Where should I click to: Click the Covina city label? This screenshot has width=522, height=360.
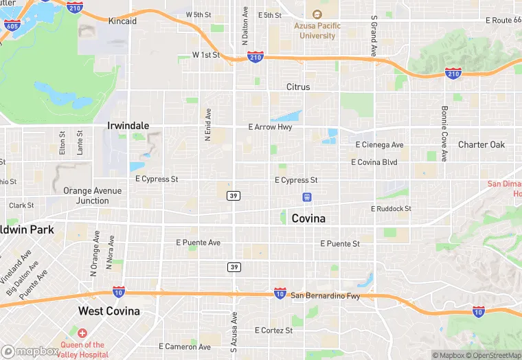click(x=308, y=218)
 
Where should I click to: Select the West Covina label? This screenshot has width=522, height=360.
click(x=109, y=311)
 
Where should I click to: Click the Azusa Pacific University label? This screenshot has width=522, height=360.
click(x=317, y=30)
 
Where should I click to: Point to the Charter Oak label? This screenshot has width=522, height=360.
click(x=481, y=144)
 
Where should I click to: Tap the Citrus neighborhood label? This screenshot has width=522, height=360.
click(x=298, y=87)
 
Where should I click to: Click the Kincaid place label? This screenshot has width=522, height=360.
click(x=122, y=21)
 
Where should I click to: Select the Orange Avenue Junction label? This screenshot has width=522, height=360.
click(x=92, y=196)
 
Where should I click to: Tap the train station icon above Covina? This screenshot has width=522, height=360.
click(x=307, y=197)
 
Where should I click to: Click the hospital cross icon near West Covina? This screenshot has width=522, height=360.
click(x=82, y=333)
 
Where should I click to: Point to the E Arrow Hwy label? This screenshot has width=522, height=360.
click(x=271, y=127)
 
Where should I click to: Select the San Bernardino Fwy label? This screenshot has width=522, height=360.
click(x=325, y=296)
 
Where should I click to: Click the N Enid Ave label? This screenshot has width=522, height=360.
click(x=208, y=124)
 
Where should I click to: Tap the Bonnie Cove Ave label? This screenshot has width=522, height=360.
click(x=445, y=133)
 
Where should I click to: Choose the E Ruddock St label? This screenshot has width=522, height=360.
click(x=391, y=209)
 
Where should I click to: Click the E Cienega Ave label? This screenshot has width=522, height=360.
click(x=380, y=145)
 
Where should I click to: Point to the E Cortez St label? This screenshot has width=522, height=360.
click(x=273, y=330)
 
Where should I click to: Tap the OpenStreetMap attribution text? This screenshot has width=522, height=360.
click(x=492, y=355)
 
